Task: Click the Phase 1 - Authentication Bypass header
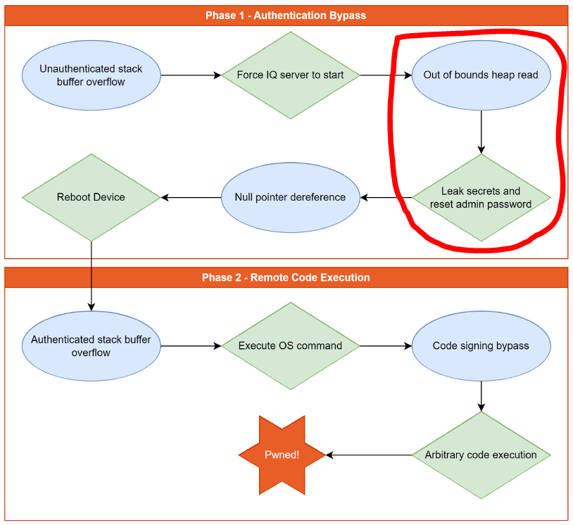click(x=286, y=15)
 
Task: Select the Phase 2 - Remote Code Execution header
click(x=286, y=277)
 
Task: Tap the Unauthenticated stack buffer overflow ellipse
click(x=91, y=75)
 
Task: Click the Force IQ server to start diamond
click(x=290, y=75)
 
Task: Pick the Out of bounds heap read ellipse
click(x=481, y=75)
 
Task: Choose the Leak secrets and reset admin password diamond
click(x=481, y=198)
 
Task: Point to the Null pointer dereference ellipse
click(x=290, y=197)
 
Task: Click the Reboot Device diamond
click(x=91, y=197)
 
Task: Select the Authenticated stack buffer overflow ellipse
click(x=91, y=346)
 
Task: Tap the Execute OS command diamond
click(x=290, y=346)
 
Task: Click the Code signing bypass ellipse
click(x=481, y=346)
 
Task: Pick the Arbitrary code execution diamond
click(x=481, y=455)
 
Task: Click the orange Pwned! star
click(x=282, y=455)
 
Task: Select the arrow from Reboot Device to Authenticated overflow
click(x=92, y=274)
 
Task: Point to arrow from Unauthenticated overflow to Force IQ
click(x=190, y=75)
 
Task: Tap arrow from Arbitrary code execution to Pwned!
click(x=370, y=455)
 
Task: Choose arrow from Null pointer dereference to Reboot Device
click(x=191, y=197)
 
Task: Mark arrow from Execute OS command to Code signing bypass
click(x=386, y=346)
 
